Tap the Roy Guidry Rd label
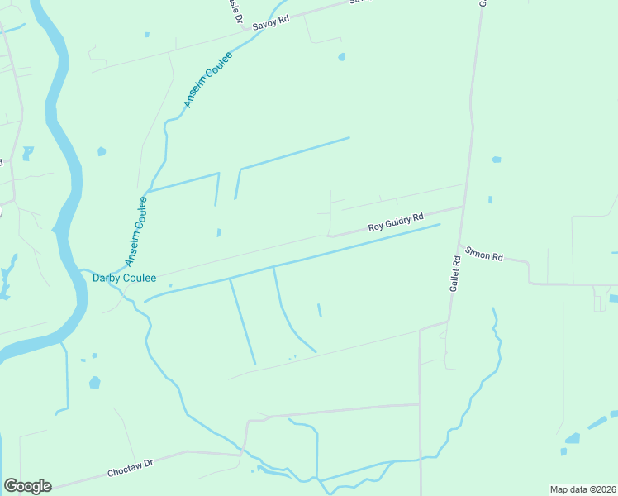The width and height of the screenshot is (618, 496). [x=395, y=222]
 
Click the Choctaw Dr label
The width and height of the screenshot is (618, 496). [x=131, y=468]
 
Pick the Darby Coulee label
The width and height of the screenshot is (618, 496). [x=124, y=279]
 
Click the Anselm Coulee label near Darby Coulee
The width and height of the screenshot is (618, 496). [x=136, y=231]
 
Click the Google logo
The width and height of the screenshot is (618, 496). [x=27, y=486]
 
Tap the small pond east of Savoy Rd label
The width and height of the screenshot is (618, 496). [x=341, y=57]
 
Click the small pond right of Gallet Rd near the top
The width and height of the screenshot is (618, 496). [x=496, y=159]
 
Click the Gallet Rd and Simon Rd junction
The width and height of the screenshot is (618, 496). [x=460, y=245]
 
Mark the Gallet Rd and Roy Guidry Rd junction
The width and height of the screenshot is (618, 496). [x=463, y=207]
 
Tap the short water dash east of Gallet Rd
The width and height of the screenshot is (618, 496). [x=490, y=199]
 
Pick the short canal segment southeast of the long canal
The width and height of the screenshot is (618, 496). [x=319, y=310]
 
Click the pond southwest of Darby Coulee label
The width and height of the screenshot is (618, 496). [x=94, y=382]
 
